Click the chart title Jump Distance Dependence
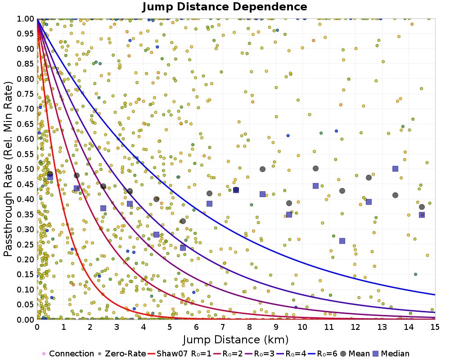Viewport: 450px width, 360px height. pyautogui.click(x=225, y=7)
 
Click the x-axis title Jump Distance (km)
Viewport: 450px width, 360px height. pyautogui.click(x=235, y=339)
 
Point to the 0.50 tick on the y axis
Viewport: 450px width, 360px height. pyautogui.click(x=26, y=169)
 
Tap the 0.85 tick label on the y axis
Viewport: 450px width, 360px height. pyautogui.click(x=26, y=63)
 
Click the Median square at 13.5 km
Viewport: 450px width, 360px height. pyautogui.click(x=395, y=169)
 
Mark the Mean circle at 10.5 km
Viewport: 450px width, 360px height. pyautogui.click(x=315, y=168)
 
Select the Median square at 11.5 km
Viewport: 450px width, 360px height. pyautogui.click(x=342, y=241)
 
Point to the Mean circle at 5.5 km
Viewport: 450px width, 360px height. pyautogui.click(x=183, y=221)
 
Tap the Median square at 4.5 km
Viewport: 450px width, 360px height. pyautogui.click(x=156, y=234)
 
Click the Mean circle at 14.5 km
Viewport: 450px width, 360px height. pyautogui.click(x=422, y=207)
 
